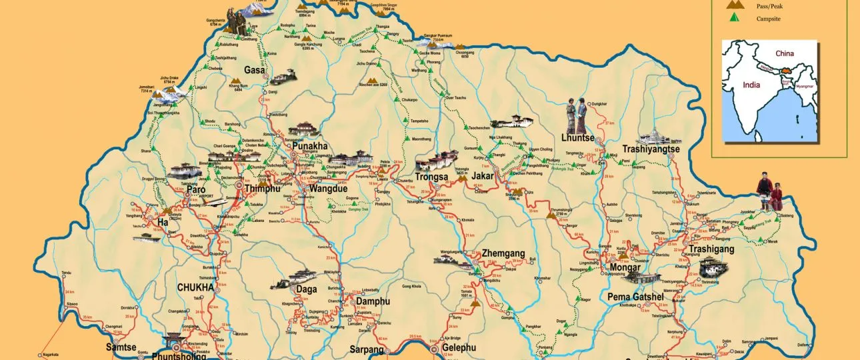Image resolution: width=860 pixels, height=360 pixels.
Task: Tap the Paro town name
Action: [195, 189]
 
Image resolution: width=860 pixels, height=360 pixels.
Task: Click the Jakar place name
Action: [485, 176]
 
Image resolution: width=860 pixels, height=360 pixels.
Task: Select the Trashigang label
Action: [711, 249]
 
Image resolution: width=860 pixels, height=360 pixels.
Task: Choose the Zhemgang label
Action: [503, 254]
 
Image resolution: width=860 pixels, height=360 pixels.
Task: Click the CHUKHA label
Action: [195, 287]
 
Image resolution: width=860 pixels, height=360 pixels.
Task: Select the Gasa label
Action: [255, 70]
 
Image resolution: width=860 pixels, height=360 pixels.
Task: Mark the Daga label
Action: [307, 289]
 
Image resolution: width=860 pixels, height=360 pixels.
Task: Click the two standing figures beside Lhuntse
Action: [577, 115]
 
